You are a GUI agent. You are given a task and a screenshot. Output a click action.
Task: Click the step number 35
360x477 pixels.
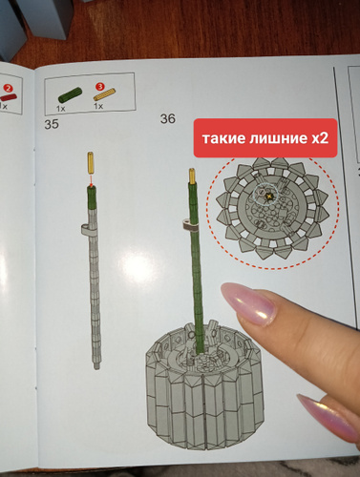point(52,124)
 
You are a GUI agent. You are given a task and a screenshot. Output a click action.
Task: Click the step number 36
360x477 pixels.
point(168,118)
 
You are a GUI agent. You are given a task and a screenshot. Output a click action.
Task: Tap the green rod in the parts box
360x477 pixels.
point(70,94)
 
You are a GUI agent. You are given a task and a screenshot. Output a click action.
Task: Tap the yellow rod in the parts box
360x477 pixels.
point(104,94)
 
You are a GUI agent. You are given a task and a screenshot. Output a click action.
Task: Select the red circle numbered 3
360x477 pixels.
point(99,86)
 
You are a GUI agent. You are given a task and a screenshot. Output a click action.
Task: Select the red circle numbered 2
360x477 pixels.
point(8,89)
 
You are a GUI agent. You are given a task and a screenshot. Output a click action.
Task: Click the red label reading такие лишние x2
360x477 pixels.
point(265,138)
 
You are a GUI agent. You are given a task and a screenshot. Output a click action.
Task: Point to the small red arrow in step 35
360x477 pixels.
point(91,180)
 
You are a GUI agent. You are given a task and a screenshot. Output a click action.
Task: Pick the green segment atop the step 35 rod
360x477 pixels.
point(92,197)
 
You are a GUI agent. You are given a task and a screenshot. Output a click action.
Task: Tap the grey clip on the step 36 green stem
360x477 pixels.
point(189,225)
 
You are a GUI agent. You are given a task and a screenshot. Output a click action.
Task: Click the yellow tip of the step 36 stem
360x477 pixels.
point(193,176)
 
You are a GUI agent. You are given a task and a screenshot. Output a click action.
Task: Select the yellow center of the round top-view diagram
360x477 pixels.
point(269,197)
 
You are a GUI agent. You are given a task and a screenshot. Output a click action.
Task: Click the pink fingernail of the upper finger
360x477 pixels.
point(247,304)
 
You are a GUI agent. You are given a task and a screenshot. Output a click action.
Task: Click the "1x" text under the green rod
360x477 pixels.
point(60,109)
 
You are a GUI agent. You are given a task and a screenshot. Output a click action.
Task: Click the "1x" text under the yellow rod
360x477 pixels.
point(98,106)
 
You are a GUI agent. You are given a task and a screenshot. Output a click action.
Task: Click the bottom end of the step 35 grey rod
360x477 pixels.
point(96,368)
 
